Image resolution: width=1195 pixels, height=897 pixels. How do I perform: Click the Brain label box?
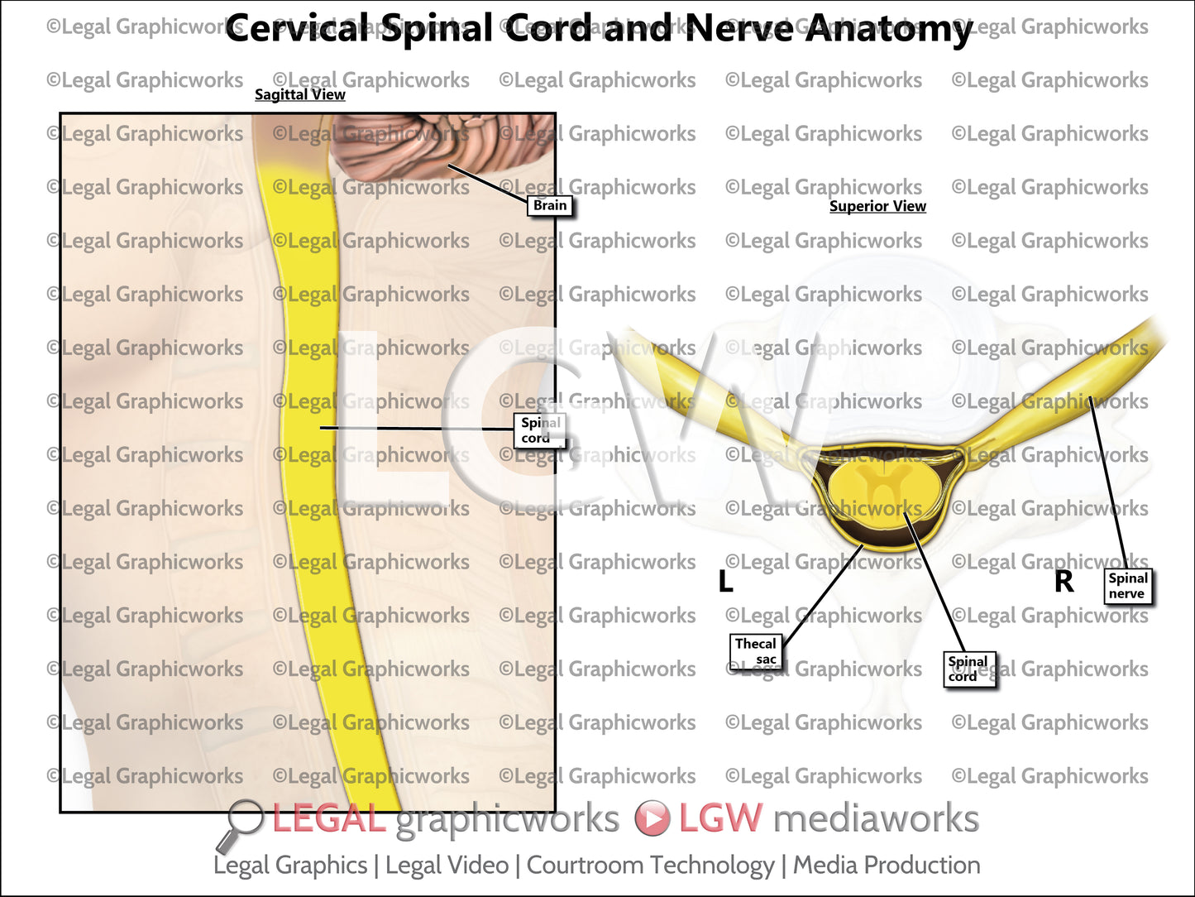(x=550, y=205)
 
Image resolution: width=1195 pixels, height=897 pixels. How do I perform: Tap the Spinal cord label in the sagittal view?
(x=539, y=430)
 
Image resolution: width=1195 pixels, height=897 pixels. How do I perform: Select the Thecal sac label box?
(x=756, y=651)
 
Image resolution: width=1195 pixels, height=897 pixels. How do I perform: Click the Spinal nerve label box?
(x=1128, y=586)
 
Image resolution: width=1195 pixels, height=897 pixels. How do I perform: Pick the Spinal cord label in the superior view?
(x=968, y=669)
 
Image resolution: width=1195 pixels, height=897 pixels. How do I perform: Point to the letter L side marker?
(x=725, y=582)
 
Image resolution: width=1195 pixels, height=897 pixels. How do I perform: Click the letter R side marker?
(x=1064, y=582)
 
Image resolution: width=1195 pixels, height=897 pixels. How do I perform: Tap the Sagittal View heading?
(x=299, y=94)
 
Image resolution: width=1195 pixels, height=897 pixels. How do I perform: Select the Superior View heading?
(x=877, y=206)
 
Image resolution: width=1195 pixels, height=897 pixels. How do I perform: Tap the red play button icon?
(x=652, y=818)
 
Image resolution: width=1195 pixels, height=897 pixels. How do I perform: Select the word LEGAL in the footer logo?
(x=328, y=819)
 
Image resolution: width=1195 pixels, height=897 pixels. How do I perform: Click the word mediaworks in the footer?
(x=876, y=818)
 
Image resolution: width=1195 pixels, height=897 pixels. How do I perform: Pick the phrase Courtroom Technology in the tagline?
(x=650, y=866)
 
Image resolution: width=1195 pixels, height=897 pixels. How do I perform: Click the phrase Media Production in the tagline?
(x=887, y=866)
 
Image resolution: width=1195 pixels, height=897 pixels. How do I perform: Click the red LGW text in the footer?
(x=719, y=818)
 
